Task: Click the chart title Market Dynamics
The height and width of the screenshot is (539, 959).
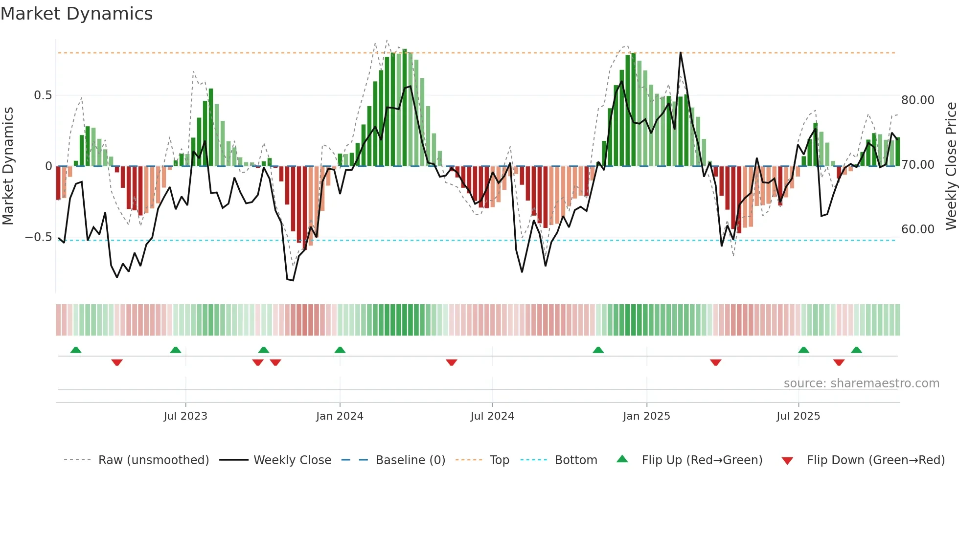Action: click(x=77, y=14)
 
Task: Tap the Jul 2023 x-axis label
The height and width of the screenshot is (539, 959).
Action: click(x=185, y=416)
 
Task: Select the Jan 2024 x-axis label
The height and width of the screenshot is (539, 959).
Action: click(x=340, y=416)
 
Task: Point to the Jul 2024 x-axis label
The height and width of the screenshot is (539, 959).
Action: click(x=492, y=416)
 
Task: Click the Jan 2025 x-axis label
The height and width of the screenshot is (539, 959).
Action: click(x=646, y=416)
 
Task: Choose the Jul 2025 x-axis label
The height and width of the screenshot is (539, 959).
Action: click(x=798, y=416)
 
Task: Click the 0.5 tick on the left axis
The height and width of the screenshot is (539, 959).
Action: click(x=43, y=95)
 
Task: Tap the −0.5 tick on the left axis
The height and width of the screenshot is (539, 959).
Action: click(x=39, y=237)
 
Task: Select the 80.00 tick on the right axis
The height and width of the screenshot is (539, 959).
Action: click(x=918, y=100)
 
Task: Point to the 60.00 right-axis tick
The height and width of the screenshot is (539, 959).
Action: click(x=918, y=229)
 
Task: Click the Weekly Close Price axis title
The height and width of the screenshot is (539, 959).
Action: click(x=951, y=166)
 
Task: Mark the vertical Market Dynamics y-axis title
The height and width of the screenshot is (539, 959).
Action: click(x=8, y=166)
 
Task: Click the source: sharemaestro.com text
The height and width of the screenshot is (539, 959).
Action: click(x=861, y=383)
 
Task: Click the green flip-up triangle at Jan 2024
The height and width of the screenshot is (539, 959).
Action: click(x=340, y=350)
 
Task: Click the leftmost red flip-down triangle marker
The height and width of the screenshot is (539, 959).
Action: click(x=117, y=362)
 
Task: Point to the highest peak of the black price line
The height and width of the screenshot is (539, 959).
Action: click(x=681, y=53)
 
